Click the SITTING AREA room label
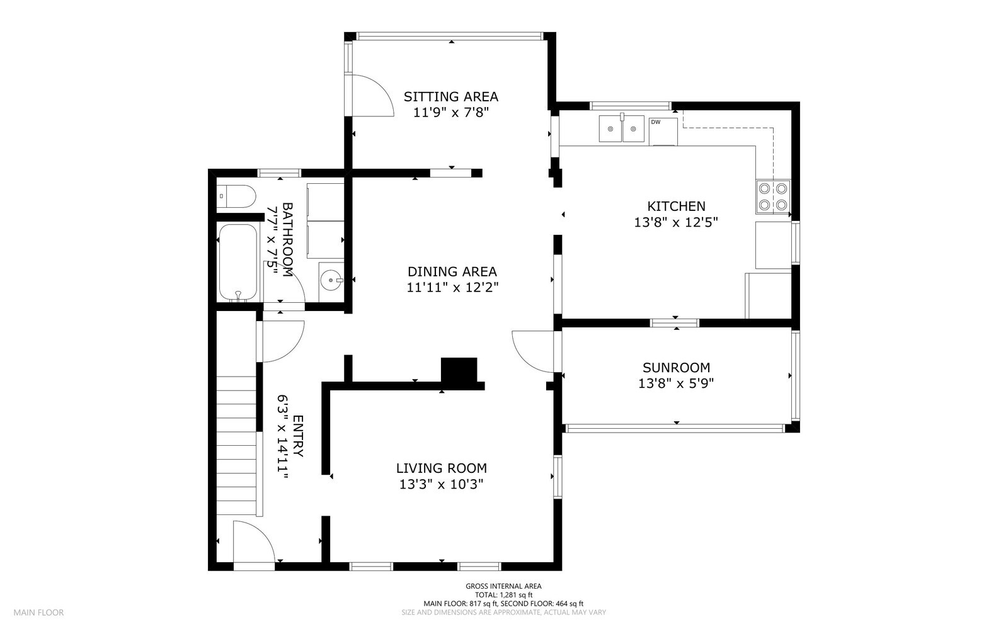tap(450, 97)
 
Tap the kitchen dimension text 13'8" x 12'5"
tap(676, 222)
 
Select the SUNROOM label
tap(676, 368)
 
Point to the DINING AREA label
tap(452, 271)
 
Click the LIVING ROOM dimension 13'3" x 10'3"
tap(442, 484)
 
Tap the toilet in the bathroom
tap(236, 196)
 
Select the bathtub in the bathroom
tap(238, 263)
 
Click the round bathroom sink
tap(331, 281)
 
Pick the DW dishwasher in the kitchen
tap(663, 131)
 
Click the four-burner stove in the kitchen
tap(772, 197)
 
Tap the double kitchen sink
tap(621, 128)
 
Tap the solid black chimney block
tap(459, 370)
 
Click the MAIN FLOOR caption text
tap(38, 613)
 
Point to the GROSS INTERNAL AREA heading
tap(503, 586)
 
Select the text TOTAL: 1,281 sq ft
tap(503, 595)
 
